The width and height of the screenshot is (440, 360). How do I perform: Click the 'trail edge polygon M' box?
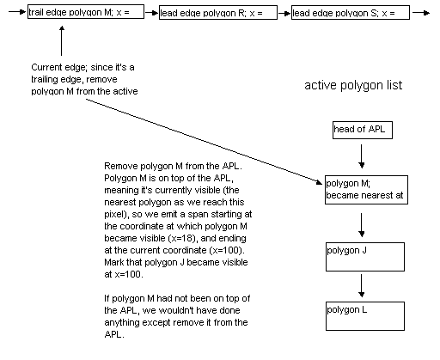[x=86, y=12]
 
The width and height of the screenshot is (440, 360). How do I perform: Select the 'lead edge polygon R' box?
[x=218, y=12]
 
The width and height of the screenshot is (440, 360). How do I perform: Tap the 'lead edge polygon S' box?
[x=351, y=12]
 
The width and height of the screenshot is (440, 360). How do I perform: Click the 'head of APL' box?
[x=363, y=131]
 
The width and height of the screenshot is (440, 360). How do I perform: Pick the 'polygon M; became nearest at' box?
[x=366, y=190]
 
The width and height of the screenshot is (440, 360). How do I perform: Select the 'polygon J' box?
[x=365, y=257]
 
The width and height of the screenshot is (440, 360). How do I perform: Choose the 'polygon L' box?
[x=365, y=316]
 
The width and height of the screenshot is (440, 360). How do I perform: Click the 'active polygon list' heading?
[x=353, y=85]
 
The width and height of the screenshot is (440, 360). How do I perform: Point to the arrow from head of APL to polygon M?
[x=361, y=156]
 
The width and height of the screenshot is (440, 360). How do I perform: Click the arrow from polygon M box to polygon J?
[x=361, y=225]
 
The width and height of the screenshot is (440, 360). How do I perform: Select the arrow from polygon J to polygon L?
[x=361, y=286]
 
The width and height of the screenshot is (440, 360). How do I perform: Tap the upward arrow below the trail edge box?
[x=61, y=40]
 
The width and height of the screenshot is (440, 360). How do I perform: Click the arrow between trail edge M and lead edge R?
[x=152, y=13]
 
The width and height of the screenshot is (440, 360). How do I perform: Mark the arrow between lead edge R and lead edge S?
[x=284, y=13]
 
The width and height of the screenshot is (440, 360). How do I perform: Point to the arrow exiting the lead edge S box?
[x=421, y=13]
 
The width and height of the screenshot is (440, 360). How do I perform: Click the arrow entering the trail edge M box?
[x=17, y=12]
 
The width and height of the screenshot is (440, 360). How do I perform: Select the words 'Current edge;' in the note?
[x=59, y=68]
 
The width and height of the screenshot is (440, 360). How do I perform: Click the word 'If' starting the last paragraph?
[x=107, y=298]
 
